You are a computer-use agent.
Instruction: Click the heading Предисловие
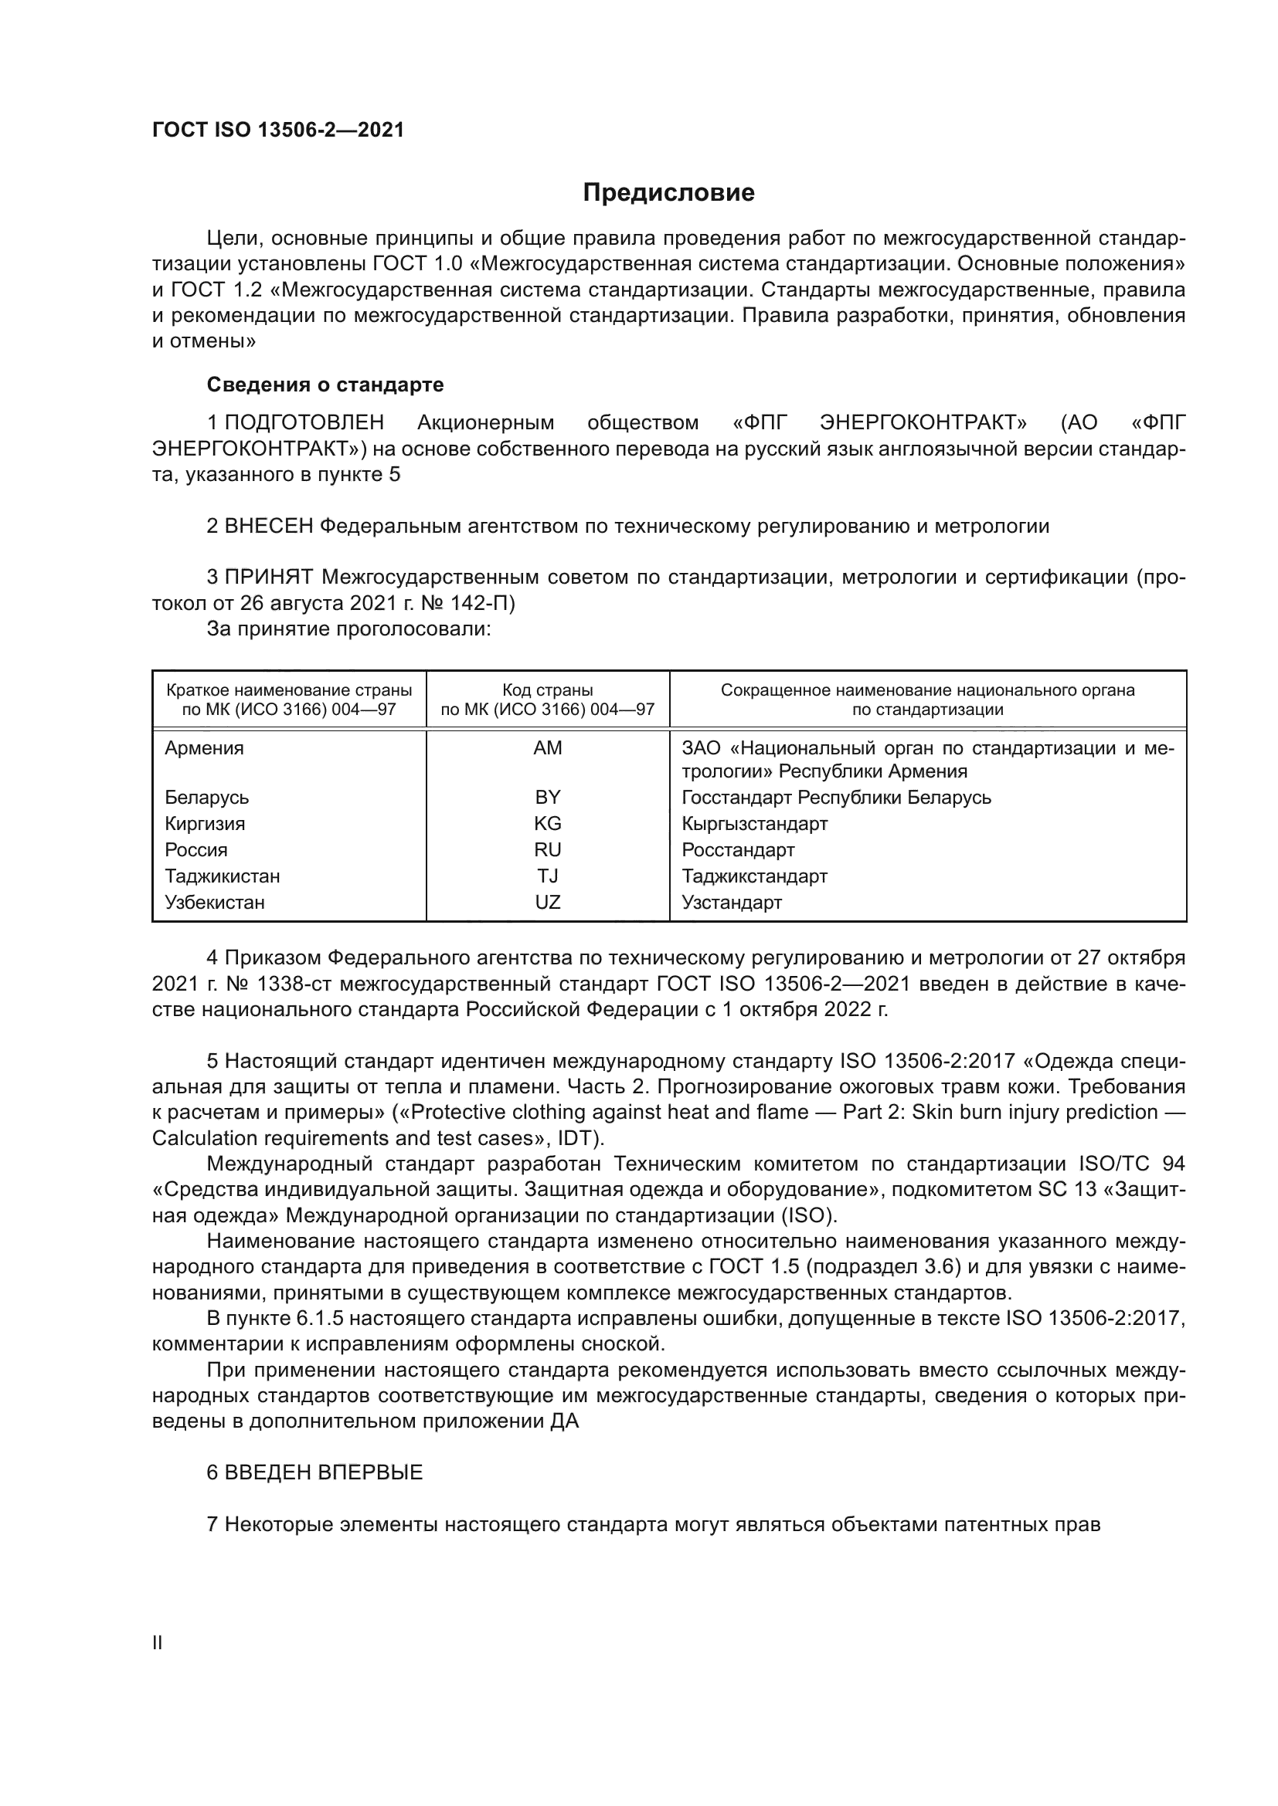(668, 193)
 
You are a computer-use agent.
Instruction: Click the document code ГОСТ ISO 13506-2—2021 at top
(278, 130)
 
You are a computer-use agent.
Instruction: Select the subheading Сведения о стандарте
(325, 385)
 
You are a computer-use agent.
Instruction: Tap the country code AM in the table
(548, 748)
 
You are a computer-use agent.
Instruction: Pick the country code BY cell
(548, 798)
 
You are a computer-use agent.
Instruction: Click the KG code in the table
(548, 824)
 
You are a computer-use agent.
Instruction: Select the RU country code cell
(548, 849)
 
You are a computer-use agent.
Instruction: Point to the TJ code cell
(548, 876)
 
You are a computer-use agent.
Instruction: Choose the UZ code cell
(548, 902)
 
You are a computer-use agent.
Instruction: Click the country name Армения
(205, 748)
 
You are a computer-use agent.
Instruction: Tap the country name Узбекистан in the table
(215, 902)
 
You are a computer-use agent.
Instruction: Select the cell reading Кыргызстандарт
(755, 824)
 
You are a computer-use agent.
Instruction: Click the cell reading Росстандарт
(738, 849)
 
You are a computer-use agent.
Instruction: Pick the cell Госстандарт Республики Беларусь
(836, 798)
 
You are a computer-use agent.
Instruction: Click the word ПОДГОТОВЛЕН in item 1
(304, 423)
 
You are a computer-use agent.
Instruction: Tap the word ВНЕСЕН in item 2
(269, 527)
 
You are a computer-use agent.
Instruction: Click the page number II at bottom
(158, 1643)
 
